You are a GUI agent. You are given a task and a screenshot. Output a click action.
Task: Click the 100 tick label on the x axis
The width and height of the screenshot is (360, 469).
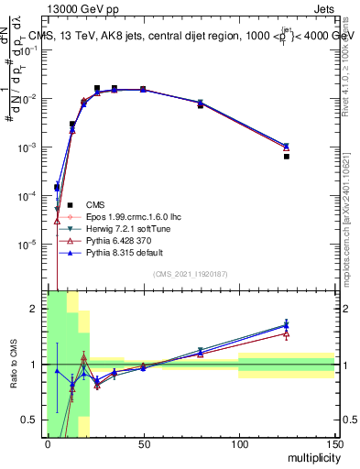pos(239,445)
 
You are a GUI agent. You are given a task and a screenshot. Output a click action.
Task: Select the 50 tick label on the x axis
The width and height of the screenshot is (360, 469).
pos(143,445)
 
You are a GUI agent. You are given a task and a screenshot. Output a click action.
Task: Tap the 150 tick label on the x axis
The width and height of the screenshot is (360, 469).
pos(334,445)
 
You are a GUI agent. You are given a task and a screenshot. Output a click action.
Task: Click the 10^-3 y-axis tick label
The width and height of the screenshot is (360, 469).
pos(30,147)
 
